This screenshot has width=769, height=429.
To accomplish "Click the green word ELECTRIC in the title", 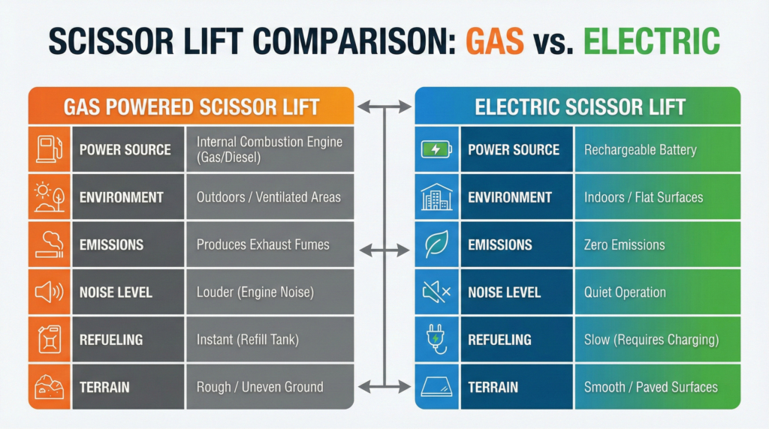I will tap(651, 40).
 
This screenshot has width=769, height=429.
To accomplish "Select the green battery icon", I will tap(436, 149).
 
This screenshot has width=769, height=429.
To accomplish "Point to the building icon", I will tap(436, 196).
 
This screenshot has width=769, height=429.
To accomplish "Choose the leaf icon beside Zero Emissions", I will tap(436, 244).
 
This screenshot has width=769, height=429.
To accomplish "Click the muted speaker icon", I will tap(436, 292).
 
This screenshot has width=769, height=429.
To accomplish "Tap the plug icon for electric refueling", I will tap(436, 339).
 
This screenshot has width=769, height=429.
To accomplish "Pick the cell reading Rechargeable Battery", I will tap(640, 149).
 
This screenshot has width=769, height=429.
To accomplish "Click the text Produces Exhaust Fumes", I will tap(263, 244).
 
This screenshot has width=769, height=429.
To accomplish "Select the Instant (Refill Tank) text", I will tap(248, 339).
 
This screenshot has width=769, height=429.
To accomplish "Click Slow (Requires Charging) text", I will tap(651, 339).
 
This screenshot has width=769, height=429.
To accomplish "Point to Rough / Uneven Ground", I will tap(260, 387).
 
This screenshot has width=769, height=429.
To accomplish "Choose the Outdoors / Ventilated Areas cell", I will tap(268, 196).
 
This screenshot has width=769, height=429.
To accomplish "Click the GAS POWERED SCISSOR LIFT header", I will tap(191, 106).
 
